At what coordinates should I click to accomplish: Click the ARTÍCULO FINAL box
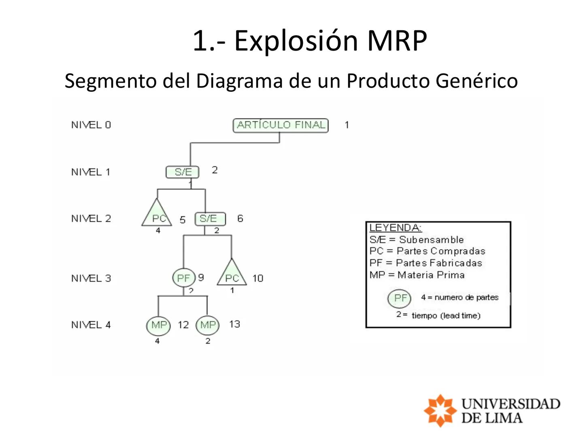(281, 125)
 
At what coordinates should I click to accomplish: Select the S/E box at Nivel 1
(183, 172)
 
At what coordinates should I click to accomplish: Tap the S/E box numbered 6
(210, 219)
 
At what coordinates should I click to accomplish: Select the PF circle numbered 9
(184, 278)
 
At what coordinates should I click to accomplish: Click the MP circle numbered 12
(158, 325)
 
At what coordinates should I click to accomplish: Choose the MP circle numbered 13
(208, 325)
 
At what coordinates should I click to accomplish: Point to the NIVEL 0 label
(91, 125)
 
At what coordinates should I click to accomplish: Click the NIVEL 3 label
(91, 278)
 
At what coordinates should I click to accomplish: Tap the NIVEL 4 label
(91, 325)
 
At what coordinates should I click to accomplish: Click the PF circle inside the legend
(400, 298)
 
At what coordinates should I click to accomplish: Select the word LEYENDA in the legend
(395, 228)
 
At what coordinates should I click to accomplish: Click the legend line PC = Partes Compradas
(427, 251)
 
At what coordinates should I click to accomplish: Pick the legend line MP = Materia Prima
(417, 275)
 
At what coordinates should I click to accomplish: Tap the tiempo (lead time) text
(446, 316)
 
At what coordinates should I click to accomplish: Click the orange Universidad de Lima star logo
(440, 410)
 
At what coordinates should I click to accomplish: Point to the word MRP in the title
(397, 40)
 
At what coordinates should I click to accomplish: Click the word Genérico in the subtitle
(477, 81)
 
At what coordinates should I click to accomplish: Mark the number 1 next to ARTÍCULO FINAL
(347, 125)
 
